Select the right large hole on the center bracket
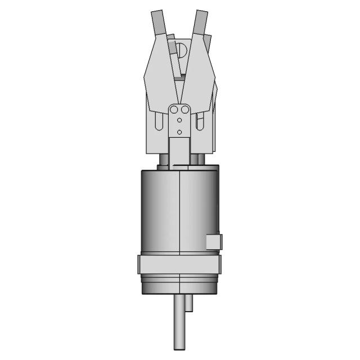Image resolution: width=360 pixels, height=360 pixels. pos(184,110)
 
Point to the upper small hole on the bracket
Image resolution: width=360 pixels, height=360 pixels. pos(179,120)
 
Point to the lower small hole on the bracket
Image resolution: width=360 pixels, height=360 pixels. pos(179,132)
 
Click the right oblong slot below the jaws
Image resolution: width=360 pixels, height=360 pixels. pos(200,121)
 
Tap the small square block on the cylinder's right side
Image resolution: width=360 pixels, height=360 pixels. pos(214,241)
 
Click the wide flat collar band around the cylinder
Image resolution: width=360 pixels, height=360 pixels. pos(179,264)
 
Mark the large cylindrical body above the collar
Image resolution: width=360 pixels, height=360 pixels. pos(169,211)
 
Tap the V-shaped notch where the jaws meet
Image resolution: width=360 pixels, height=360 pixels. pos(180,92)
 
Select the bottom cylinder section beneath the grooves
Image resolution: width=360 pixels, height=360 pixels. pos(179,287)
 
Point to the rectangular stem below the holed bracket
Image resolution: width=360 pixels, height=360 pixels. pos(179,151)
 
